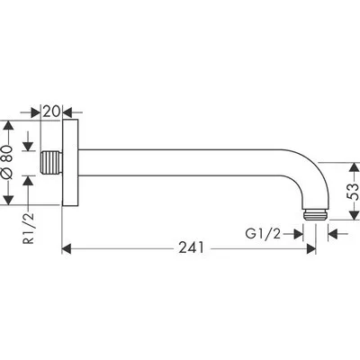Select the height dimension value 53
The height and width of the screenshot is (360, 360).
pos(354,193)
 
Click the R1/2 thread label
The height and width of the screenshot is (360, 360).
pos(27,229)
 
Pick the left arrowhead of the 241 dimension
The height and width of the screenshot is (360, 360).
pos(66,246)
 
